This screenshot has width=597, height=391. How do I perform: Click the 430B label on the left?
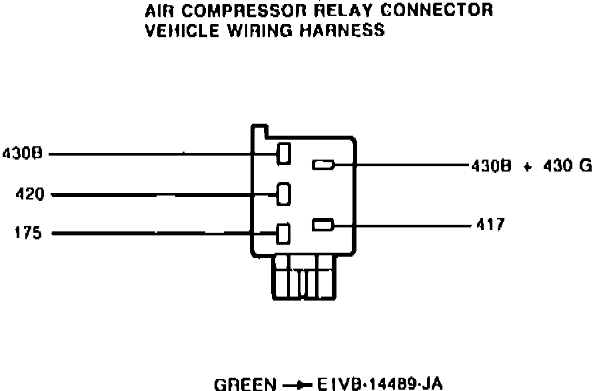pos(23,154)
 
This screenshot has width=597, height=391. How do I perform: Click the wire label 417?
pos(490,225)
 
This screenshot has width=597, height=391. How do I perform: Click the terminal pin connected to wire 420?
pos(284,194)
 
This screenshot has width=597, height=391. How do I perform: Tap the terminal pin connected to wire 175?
pos(284,233)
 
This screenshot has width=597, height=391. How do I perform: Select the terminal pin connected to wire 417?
pos(322,225)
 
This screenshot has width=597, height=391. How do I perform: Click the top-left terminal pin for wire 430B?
pos(284,153)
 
